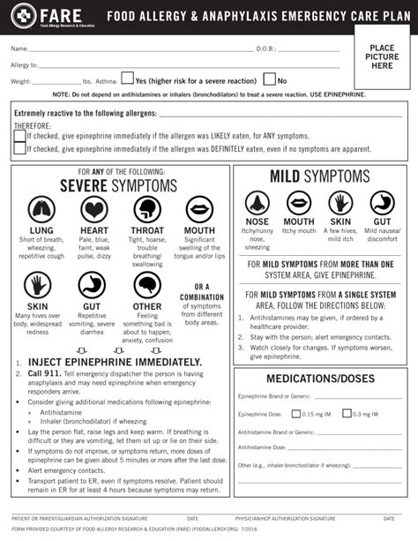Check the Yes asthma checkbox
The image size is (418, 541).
[128, 79]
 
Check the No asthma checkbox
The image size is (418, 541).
[269, 79]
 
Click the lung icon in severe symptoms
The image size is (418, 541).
[41, 211]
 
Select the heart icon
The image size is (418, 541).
[93, 211]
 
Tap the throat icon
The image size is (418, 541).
[146, 211]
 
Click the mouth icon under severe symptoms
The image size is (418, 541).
[199, 211]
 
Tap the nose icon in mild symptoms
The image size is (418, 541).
[258, 201]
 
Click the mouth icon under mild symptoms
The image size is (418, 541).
[299, 201]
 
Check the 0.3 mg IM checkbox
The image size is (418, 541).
[347, 412]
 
